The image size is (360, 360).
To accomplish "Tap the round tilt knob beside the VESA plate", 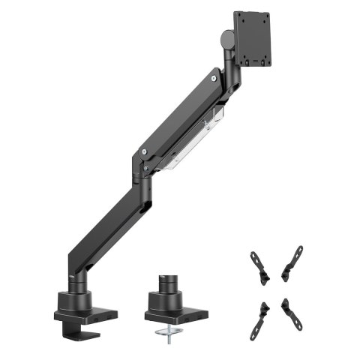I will pyautogui.click(x=225, y=36).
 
